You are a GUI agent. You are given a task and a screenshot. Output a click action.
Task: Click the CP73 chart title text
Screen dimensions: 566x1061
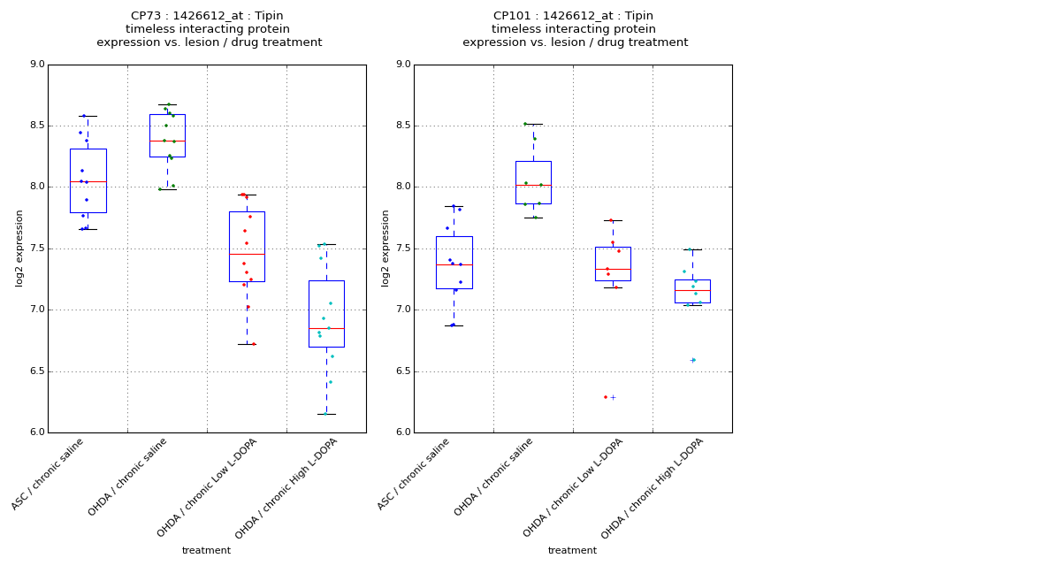[x=209, y=29]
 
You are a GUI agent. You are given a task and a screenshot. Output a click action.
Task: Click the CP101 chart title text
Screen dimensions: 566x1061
[x=575, y=29]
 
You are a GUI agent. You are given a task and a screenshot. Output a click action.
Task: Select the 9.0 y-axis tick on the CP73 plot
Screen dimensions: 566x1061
[x=36, y=65]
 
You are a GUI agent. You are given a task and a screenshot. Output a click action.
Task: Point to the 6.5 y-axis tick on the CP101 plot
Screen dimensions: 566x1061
[x=402, y=371]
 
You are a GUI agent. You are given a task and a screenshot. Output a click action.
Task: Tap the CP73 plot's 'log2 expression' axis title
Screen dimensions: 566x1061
[x=19, y=249]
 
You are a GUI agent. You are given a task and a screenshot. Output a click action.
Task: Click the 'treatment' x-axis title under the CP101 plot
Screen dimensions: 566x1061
[x=572, y=551]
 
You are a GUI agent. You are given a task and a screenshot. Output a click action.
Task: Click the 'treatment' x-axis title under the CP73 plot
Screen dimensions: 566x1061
[x=206, y=551]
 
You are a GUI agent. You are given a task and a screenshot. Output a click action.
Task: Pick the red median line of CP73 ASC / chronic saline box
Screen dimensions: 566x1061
[x=88, y=181]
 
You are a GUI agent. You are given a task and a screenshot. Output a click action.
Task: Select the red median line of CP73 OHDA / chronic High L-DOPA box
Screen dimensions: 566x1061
[x=326, y=329]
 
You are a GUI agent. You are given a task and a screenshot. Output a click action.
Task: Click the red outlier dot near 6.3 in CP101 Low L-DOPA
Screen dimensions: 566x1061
[x=606, y=397]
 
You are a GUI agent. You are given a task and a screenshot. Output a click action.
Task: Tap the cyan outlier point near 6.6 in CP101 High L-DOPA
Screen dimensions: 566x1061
[x=693, y=360]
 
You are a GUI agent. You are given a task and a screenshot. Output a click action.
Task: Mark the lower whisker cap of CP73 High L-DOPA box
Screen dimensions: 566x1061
[x=326, y=414]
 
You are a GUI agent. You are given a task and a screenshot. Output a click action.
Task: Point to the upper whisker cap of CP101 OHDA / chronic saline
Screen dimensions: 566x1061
[x=533, y=124]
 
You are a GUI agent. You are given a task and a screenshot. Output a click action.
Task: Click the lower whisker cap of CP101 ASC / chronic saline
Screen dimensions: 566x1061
[x=454, y=325]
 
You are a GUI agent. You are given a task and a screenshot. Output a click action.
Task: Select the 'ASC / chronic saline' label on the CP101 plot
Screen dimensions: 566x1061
[x=415, y=473]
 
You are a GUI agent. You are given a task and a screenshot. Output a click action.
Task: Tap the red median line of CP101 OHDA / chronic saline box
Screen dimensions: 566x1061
[x=533, y=185]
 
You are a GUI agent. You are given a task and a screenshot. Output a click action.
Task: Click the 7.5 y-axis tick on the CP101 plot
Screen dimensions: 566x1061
[x=402, y=249]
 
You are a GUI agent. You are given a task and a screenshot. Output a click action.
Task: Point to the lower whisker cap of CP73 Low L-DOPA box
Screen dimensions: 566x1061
[x=247, y=344]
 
